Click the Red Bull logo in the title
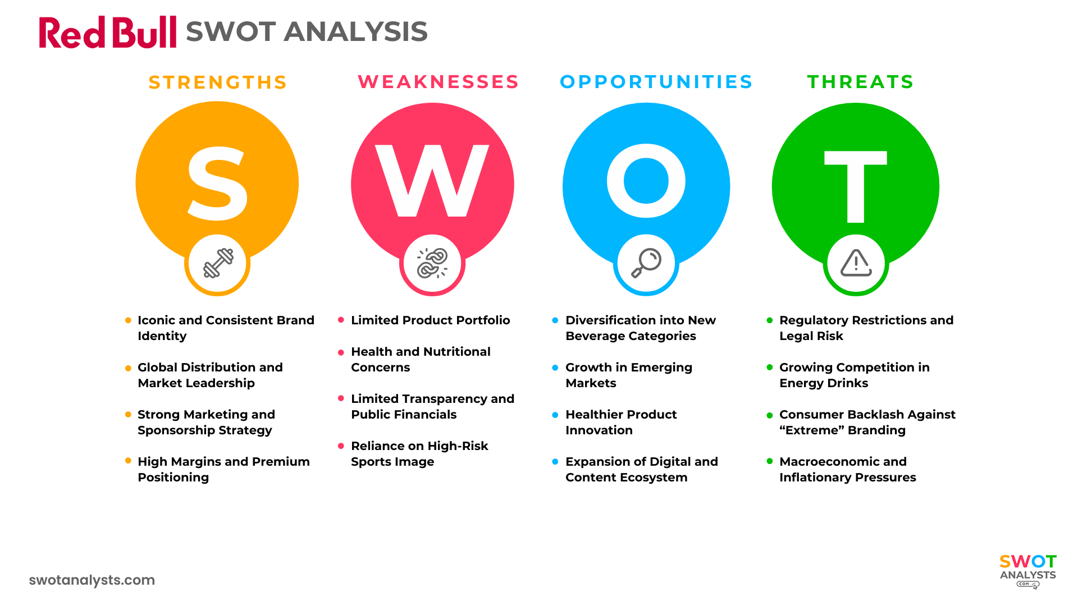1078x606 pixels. point(107,32)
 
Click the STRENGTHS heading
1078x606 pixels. point(218,82)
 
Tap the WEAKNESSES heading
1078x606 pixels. point(438,82)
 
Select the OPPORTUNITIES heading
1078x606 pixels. point(656,82)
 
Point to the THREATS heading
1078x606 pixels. point(860,82)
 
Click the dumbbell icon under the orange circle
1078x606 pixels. point(218,263)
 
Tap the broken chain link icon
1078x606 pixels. point(432,263)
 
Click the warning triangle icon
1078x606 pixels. point(856,263)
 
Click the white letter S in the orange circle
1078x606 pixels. point(217,183)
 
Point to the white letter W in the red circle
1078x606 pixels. point(432,181)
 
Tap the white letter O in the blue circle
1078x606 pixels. point(646,181)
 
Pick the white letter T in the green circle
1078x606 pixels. point(855,186)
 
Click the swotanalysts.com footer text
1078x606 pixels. point(92,580)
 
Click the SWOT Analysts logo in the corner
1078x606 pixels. point(1027,570)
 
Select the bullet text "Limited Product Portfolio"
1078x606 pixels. point(430,320)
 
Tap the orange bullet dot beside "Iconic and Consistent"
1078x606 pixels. point(128,320)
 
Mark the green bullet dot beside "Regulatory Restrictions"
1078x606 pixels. point(770,320)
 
